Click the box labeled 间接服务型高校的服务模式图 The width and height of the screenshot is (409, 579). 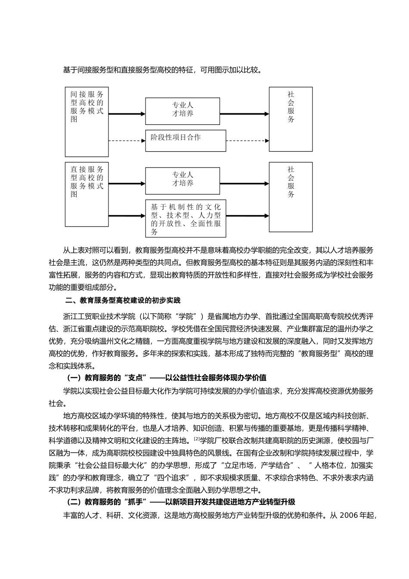pos(87,122)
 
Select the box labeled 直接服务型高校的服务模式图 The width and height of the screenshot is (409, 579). pos(87,194)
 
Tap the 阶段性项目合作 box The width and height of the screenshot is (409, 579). pos(185,140)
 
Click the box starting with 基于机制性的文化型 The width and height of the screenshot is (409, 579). pos(185,219)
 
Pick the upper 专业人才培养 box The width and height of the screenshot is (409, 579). pos(183,111)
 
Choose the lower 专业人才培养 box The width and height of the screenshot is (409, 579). pos(183,181)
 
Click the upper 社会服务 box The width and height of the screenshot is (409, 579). pos(291,119)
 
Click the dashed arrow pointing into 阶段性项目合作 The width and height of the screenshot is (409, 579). pos(127,140)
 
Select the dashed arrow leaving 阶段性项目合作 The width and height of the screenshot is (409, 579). pos(248,140)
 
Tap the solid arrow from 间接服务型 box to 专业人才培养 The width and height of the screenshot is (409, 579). pos(127,114)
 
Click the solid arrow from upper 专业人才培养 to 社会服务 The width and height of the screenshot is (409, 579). pos(245,114)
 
